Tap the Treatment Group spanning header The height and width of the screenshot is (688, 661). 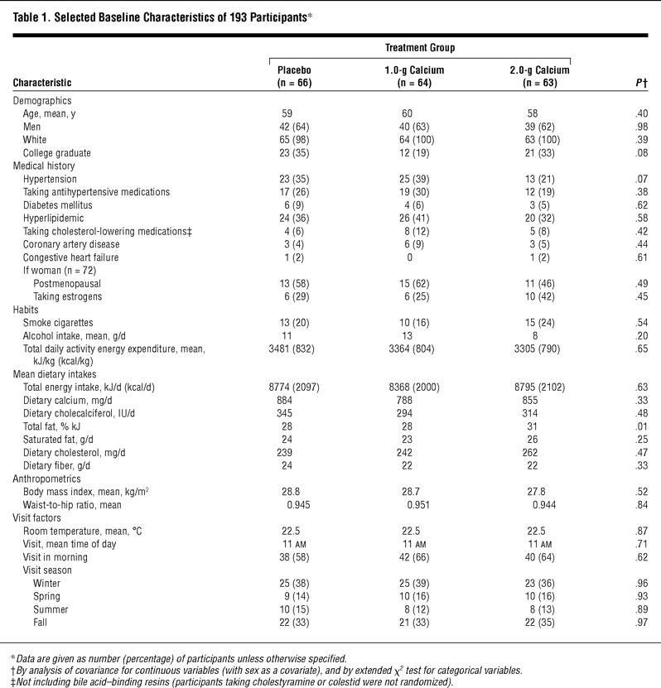point(420,48)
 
